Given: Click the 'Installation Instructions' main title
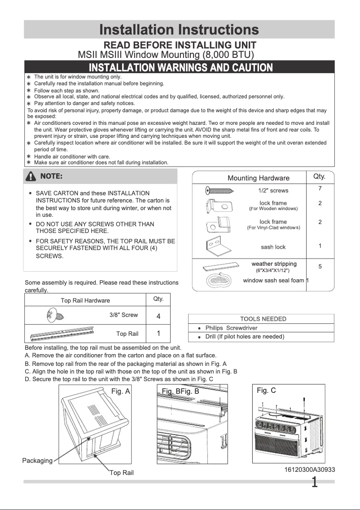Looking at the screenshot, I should [179, 30].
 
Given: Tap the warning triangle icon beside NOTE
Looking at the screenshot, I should [31, 176].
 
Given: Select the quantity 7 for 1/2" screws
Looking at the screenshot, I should [320, 188].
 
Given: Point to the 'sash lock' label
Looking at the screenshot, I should [273, 247].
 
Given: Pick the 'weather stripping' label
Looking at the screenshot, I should [274, 264].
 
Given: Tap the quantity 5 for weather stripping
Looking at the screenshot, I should [320, 266].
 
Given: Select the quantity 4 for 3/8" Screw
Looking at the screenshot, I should [158, 316].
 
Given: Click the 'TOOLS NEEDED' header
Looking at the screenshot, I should [263, 319].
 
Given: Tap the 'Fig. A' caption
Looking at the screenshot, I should [120, 391].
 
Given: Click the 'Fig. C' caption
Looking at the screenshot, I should [266, 391].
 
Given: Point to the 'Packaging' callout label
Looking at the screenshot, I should [37, 461].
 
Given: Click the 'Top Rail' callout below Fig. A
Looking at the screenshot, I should [122, 473].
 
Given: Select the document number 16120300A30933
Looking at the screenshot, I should [309, 470].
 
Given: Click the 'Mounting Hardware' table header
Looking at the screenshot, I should [259, 178].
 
